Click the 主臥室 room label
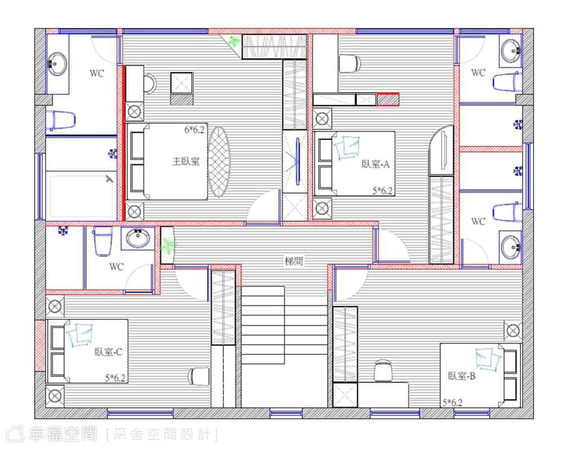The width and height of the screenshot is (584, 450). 186,161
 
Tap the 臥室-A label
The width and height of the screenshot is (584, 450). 375,164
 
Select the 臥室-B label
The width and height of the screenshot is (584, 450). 461,376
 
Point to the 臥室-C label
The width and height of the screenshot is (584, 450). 108,352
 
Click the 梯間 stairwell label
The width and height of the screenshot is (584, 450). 294,261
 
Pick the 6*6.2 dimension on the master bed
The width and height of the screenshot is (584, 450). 195,129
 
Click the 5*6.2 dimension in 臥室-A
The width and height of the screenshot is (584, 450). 383,191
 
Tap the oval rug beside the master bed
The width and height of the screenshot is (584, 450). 219,161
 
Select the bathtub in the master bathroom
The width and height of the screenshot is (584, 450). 81,194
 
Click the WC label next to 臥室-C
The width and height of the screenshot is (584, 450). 116,267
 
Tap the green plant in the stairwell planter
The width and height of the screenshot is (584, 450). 168,246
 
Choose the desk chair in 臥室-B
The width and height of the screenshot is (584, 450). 383,371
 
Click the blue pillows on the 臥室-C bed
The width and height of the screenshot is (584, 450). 79,335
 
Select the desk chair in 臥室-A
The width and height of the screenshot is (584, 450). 349,64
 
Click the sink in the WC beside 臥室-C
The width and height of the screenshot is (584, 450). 138,238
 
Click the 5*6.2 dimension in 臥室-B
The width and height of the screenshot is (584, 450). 452,403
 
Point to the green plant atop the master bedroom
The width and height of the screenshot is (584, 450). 234,41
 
